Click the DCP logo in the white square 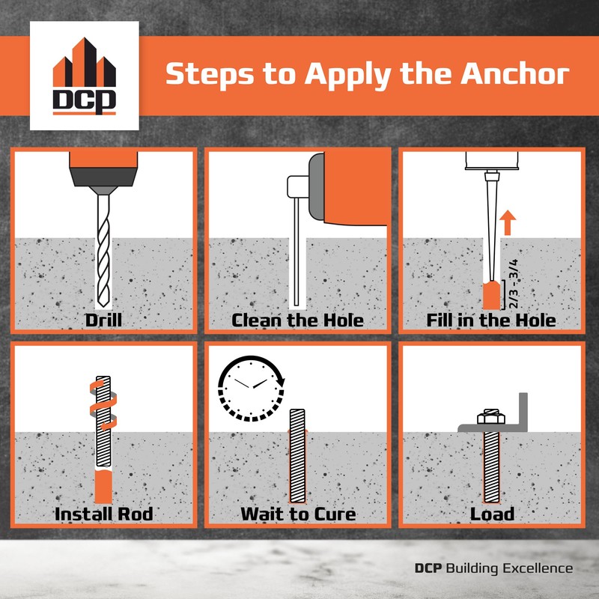click(83, 77)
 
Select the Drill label click(104, 320)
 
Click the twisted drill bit click(104, 247)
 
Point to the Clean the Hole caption click(297, 320)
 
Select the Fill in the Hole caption click(491, 320)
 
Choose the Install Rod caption click(104, 514)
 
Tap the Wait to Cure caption click(297, 514)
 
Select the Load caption click(492, 514)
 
